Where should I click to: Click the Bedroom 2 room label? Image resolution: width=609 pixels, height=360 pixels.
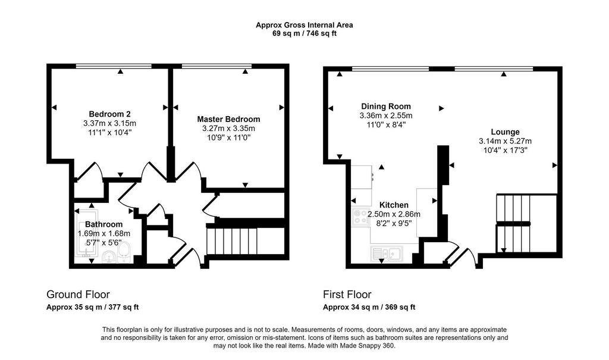(109, 114)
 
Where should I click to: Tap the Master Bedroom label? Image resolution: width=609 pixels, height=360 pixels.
(228, 119)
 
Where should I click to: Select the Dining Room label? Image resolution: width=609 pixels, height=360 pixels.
(385, 106)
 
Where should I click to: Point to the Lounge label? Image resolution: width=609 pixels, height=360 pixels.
(505, 132)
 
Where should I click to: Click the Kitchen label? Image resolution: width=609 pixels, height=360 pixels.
(394, 205)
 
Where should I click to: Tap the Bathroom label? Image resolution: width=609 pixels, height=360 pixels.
(103, 224)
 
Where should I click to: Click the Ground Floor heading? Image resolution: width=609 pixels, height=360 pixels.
(78, 295)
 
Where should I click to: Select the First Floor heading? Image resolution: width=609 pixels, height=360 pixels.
(347, 295)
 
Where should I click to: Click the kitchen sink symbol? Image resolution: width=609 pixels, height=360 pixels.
(387, 254)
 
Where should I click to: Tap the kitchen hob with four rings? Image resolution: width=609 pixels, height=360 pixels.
(361, 217)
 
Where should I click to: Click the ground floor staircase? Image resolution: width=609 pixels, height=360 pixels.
(233, 241)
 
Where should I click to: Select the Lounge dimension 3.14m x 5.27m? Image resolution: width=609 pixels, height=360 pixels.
(505, 141)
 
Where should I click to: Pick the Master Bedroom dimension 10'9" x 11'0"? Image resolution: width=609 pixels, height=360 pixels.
(228, 137)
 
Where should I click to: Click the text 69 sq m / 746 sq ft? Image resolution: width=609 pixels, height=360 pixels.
(304, 33)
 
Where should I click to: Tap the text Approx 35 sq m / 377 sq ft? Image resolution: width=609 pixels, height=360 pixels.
(92, 307)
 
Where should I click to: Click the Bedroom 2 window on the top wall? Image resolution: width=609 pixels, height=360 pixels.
(114, 67)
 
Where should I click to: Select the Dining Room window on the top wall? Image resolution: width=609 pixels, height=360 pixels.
(390, 69)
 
